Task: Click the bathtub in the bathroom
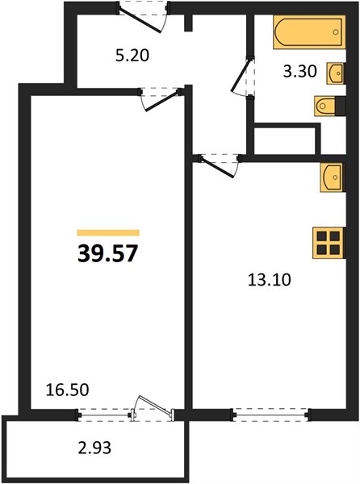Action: pyautogui.click(x=309, y=31)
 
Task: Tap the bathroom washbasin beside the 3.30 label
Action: pyautogui.click(x=336, y=73)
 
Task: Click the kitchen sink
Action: pyautogui.click(x=333, y=177)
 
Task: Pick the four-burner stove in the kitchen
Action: pyautogui.click(x=329, y=243)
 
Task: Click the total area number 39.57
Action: pyautogui.click(x=107, y=254)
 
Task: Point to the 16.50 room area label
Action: pyautogui.click(x=67, y=390)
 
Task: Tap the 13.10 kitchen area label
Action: pyautogui.click(x=270, y=280)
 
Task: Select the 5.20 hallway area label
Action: pyautogui.click(x=132, y=56)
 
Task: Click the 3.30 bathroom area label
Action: pyautogui.click(x=300, y=72)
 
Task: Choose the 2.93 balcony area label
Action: pyautogui.click(x=94, y=448)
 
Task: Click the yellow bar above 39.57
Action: pyautogui.click(x=108, y=233)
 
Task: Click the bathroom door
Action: pyautogui.click(x=243, y=77)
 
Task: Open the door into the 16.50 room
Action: pyautogui.click(x=161, y=99)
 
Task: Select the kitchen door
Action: pyautogui.click(x=220, y=165)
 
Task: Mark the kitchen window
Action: pyautogui.click(x=270, y=415)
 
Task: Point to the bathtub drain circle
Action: pyautogui.click(x=336, y=31)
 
